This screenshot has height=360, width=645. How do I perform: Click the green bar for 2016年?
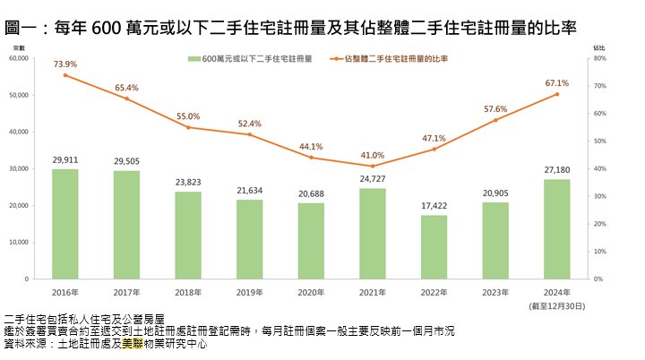(x=65, y=224)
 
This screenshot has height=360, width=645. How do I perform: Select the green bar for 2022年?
(x=434, y=246)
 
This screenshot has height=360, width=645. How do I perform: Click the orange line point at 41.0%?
(x=373, y=166)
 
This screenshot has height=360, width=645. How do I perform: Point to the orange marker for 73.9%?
(x=65, y=75)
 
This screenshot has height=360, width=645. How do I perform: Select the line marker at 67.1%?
(x=556, y=94)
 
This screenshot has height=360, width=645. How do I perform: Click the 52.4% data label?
(x=250, y=124)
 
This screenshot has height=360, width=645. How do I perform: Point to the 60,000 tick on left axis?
(x=18, y=58)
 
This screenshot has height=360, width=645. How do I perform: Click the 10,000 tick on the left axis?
(x=18, y=243)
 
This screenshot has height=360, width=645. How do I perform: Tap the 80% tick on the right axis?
(x=600, y=58)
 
